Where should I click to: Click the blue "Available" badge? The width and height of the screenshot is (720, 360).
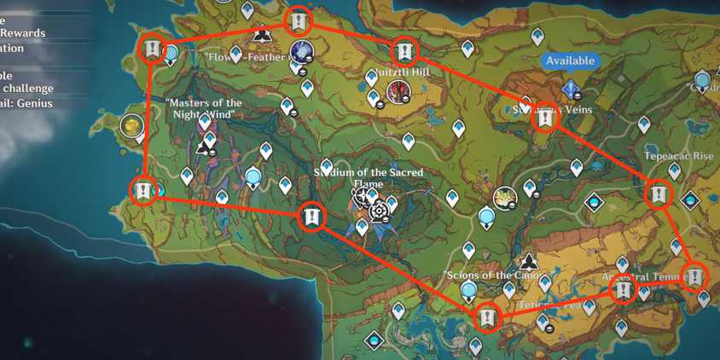coord(570,61)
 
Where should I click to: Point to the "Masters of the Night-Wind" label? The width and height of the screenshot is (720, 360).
coord(204,108)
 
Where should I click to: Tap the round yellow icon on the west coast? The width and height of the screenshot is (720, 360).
coord(131,126)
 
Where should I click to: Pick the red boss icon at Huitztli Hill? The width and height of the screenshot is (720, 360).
coord(395,91)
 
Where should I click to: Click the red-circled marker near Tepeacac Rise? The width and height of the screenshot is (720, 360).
coord(658,195)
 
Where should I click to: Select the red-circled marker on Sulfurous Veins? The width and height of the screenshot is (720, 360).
coord(544,120)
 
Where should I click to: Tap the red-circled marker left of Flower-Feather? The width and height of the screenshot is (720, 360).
coord(152,48)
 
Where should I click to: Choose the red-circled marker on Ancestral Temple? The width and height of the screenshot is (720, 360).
coord(623,292)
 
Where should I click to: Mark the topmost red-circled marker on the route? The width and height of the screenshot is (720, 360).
coord(298,20)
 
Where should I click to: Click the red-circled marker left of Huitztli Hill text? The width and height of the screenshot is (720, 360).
coord(404,52)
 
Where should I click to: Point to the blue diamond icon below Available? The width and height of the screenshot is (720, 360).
coord(570,89)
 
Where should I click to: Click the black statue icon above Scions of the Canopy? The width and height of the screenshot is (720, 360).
coord(529,261)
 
